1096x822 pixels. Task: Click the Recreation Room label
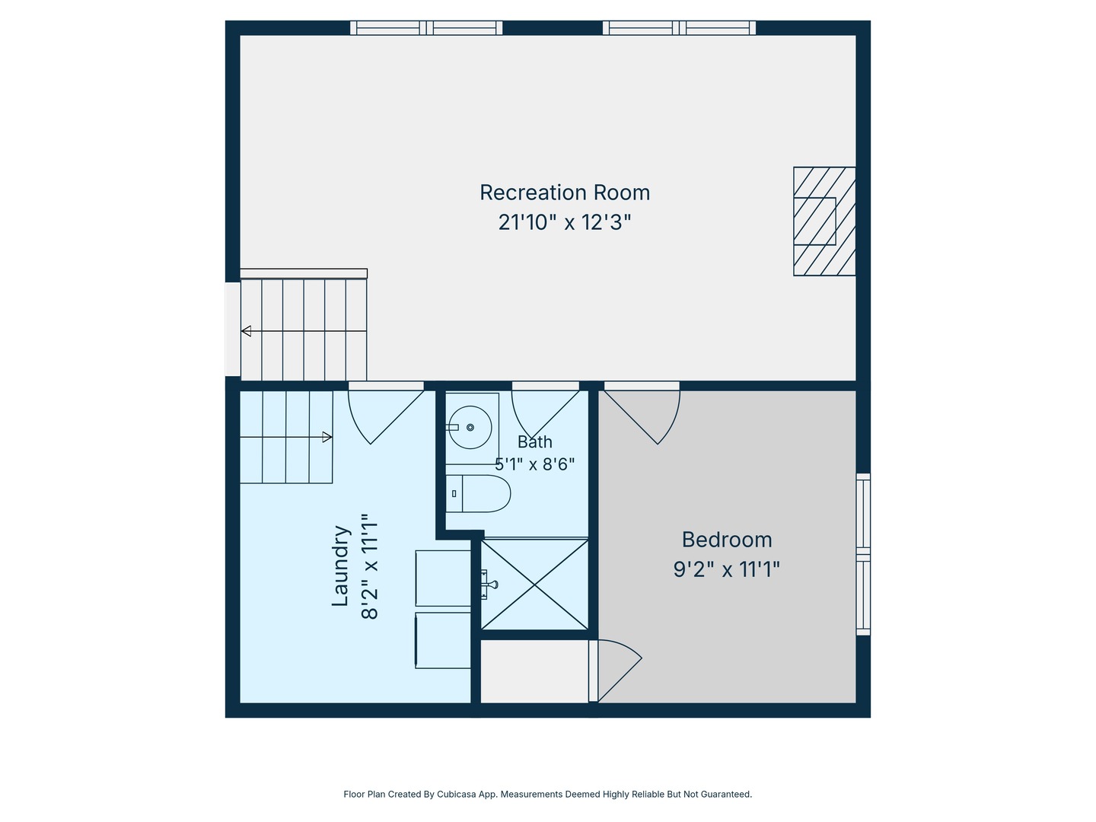point(565,193)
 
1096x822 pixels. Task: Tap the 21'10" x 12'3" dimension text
point(565,222)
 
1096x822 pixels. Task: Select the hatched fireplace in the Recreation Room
point(824,221)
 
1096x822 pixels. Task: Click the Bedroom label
point(727,540)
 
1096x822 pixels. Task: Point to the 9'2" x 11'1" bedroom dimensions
point(727,569)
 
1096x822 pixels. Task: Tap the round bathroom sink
point(470,427)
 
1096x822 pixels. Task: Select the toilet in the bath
point(478,494)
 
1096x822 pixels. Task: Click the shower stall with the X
point(534,584)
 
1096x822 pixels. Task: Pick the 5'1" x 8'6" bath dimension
point(535,464)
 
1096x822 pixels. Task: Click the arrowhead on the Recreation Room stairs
point(246,331)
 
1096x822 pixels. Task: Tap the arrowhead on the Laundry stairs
point(327,437)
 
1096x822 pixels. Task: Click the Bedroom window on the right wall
point(863,554)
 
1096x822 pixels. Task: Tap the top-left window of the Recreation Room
point(426,28)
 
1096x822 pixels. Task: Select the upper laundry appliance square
point(444,578)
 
